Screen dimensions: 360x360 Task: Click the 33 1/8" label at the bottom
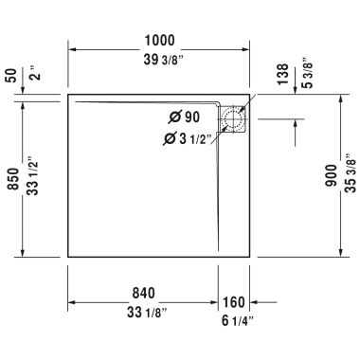[x=144, y=310]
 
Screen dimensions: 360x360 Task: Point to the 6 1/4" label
[x=238, y=322]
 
